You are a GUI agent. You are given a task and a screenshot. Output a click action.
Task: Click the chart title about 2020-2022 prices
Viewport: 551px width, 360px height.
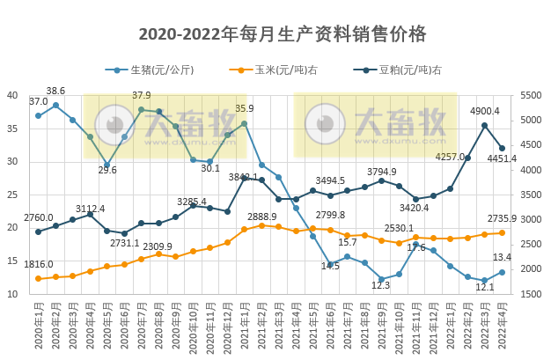point(282,34)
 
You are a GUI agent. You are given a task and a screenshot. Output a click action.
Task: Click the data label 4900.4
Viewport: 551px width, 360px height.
point(484,111)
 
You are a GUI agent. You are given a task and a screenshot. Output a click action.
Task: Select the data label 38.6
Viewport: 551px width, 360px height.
point(55,91)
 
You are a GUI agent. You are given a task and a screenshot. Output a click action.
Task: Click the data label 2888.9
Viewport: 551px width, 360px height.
point(261,216)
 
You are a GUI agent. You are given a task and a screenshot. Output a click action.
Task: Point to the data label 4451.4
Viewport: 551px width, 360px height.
point(525,158)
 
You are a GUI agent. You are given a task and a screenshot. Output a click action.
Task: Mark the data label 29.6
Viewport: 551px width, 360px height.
point(107,170)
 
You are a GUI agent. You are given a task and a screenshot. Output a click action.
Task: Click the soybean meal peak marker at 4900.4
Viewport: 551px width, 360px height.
point(485,125)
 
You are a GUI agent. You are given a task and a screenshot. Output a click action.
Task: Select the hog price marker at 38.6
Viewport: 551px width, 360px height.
point(55,106)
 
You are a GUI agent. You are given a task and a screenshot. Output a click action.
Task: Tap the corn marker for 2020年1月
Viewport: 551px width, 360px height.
point(38,278)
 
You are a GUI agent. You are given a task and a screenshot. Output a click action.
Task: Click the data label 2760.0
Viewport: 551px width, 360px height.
point(38,217)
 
